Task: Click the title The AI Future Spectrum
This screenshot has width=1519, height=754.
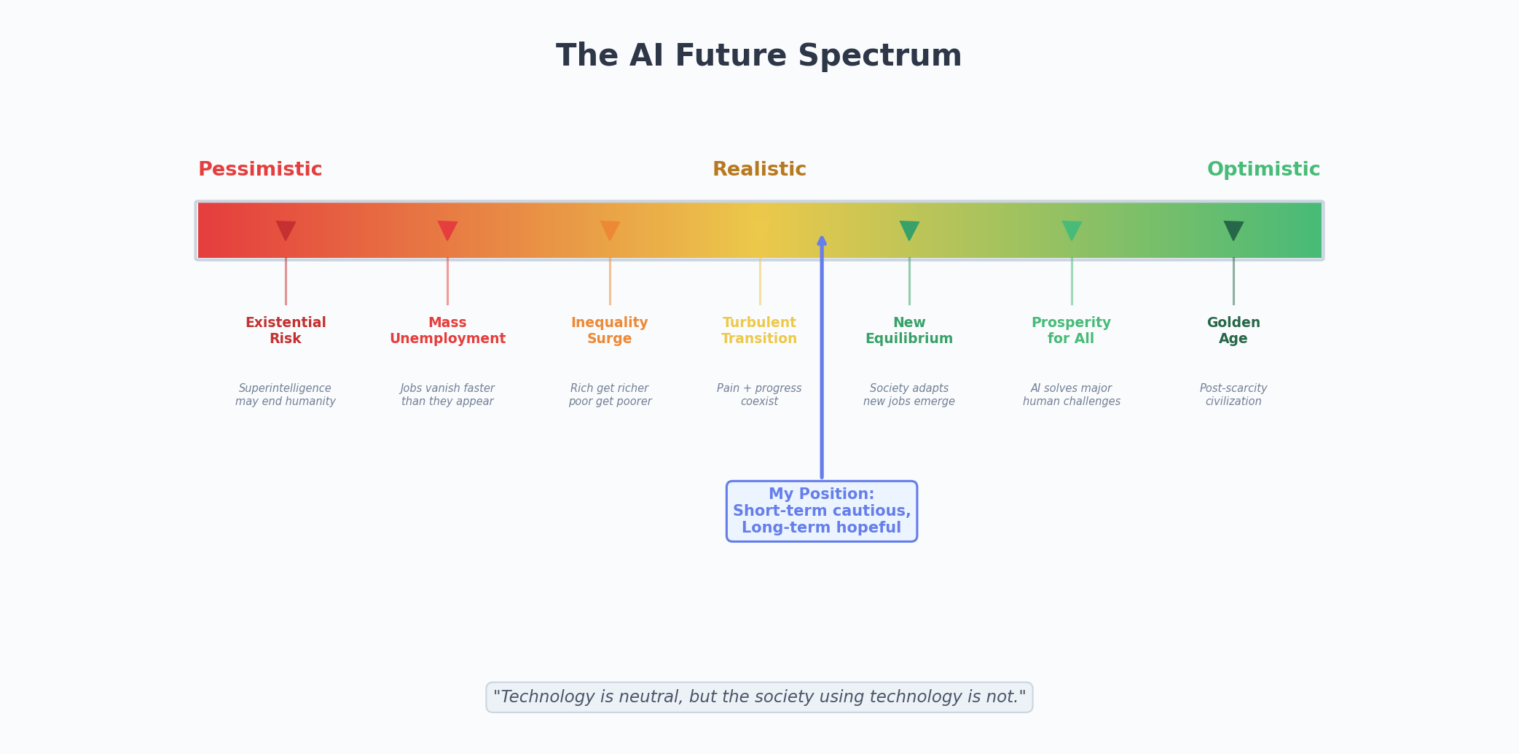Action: [x=758, y=56]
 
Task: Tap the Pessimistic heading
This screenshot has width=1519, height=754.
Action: [x=260, y=170]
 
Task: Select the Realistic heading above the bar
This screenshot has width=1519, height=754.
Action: [x=759, y=170]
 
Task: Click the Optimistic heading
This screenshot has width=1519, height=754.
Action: [x=1263, y=170]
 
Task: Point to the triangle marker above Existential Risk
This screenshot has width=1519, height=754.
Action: [x=286, y=229]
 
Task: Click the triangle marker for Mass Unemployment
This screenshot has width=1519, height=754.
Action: [x=447, y=229]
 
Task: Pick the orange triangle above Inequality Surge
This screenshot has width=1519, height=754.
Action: [x=610, y=229]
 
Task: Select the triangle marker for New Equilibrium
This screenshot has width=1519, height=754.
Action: [x=909, y=229]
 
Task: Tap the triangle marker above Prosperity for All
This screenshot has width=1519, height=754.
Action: [x=1072, y=229]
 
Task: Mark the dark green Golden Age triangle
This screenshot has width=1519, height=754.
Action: [x=1233, y=229]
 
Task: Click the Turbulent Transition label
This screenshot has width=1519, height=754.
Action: [x=759, y=331]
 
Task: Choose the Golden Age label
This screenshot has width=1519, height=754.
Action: [x=1233, y=331]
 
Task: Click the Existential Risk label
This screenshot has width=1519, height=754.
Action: [x=286, y=331]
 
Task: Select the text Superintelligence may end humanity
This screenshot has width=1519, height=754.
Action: [x=286, y=395]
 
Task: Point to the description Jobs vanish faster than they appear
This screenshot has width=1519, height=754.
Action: [x=447, y=395]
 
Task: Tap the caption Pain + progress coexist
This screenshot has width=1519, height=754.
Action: [x=759, y=395]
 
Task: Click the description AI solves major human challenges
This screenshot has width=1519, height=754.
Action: [x=1072, y=395]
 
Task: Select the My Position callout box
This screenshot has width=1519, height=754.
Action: [x=822, y=511]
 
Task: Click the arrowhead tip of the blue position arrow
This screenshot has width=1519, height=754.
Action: [x=822, y=239]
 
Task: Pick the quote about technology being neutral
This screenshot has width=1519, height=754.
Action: [x=759, y=697]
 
